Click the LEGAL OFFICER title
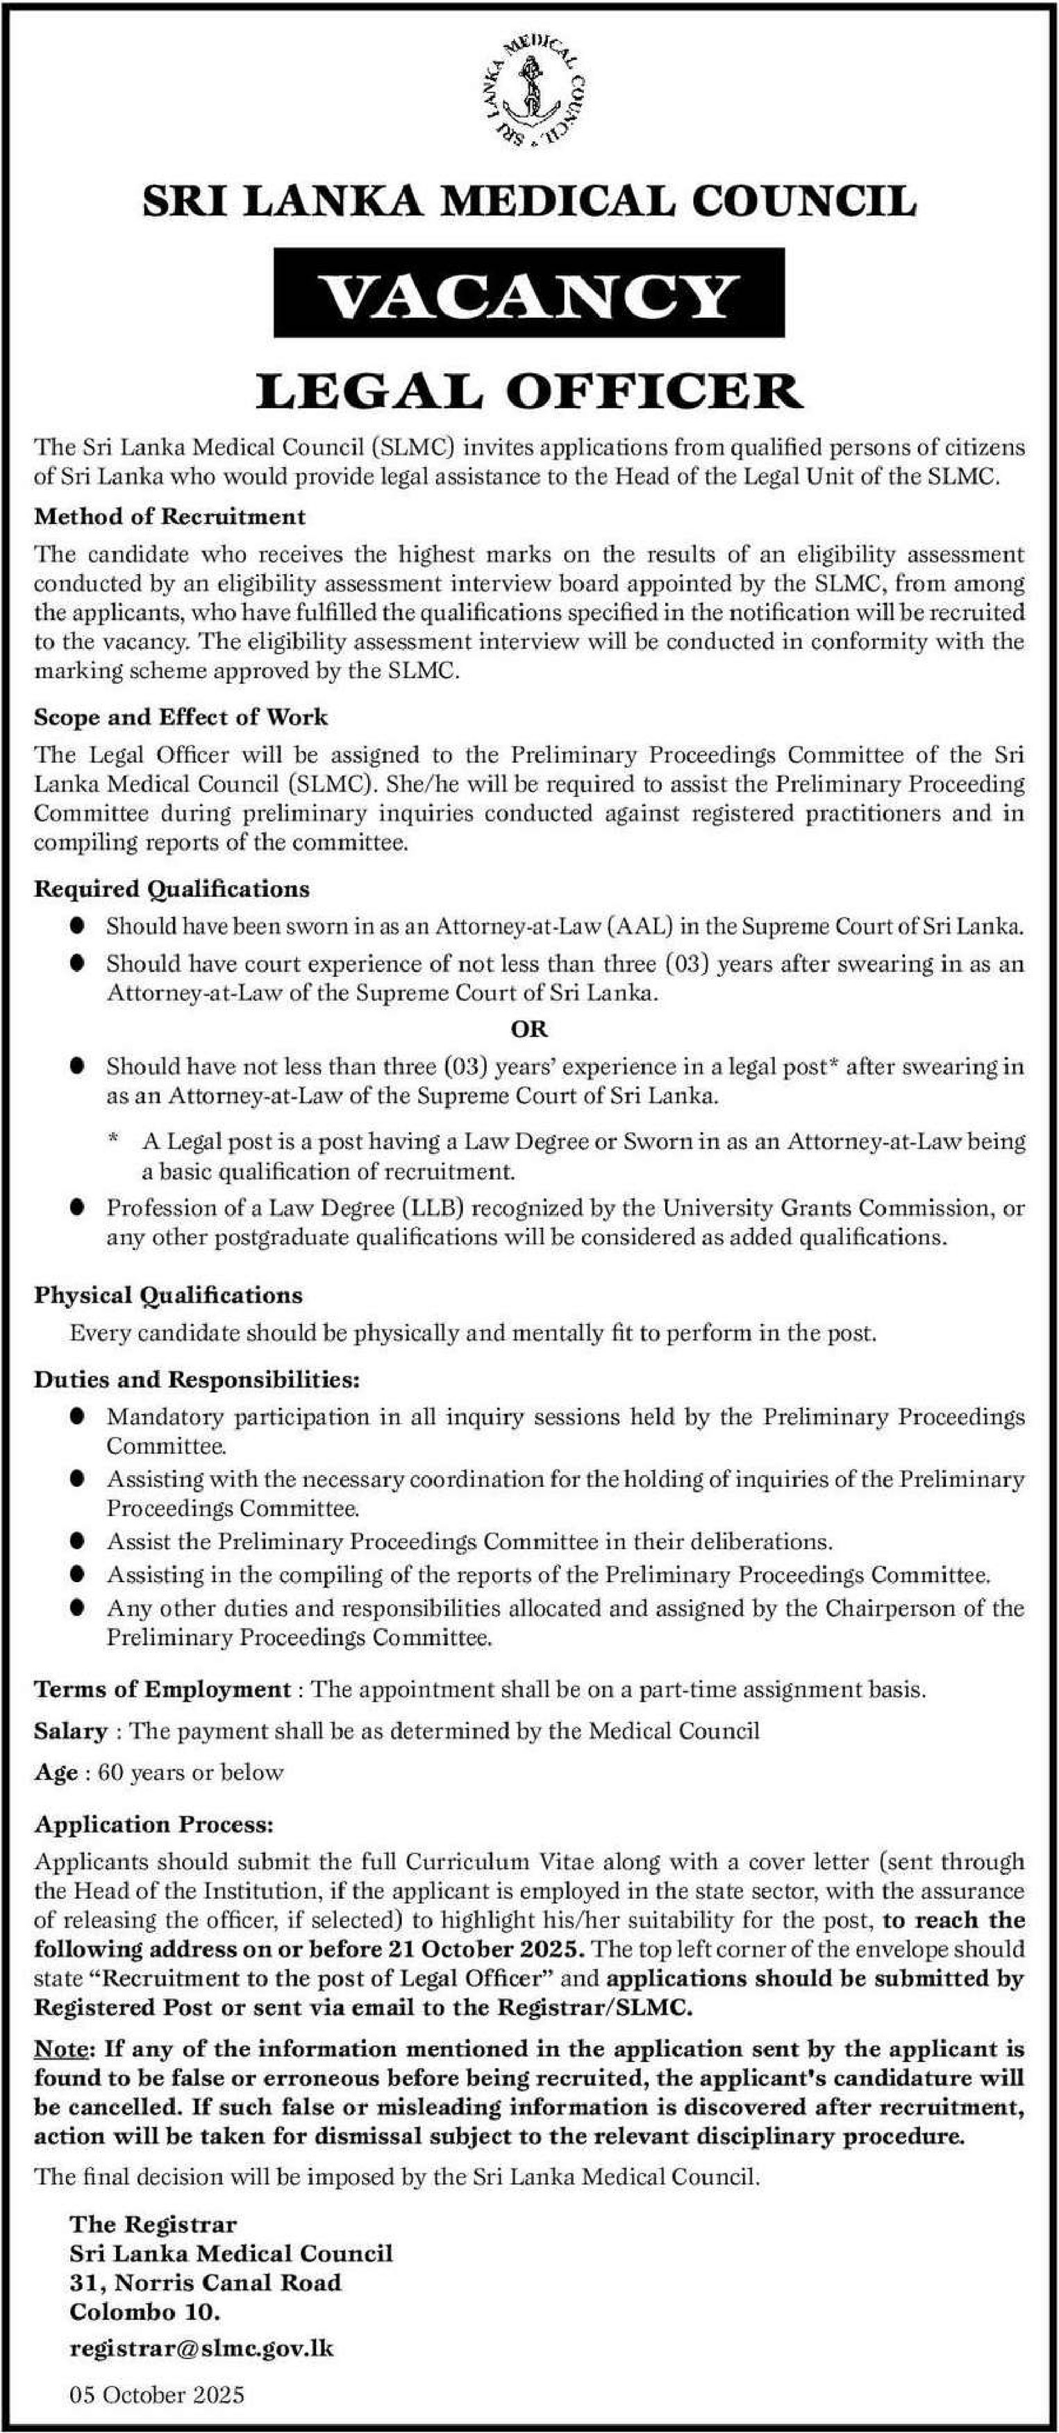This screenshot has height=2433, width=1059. coord(528,390)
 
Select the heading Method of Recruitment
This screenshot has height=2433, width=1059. coord(170,516)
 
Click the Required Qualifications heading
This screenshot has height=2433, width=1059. coord(172,889)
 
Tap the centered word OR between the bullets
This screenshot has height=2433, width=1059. coord(528,1029)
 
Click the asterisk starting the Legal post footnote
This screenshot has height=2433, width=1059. coord(113,1141)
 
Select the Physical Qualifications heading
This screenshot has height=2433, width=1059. coord(169,1295)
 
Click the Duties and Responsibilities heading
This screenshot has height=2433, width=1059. coord(197,1380)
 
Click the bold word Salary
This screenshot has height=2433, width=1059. coord(71,1730)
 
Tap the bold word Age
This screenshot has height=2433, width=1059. coord(56,1772)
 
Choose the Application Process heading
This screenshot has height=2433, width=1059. coord(155,1825)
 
